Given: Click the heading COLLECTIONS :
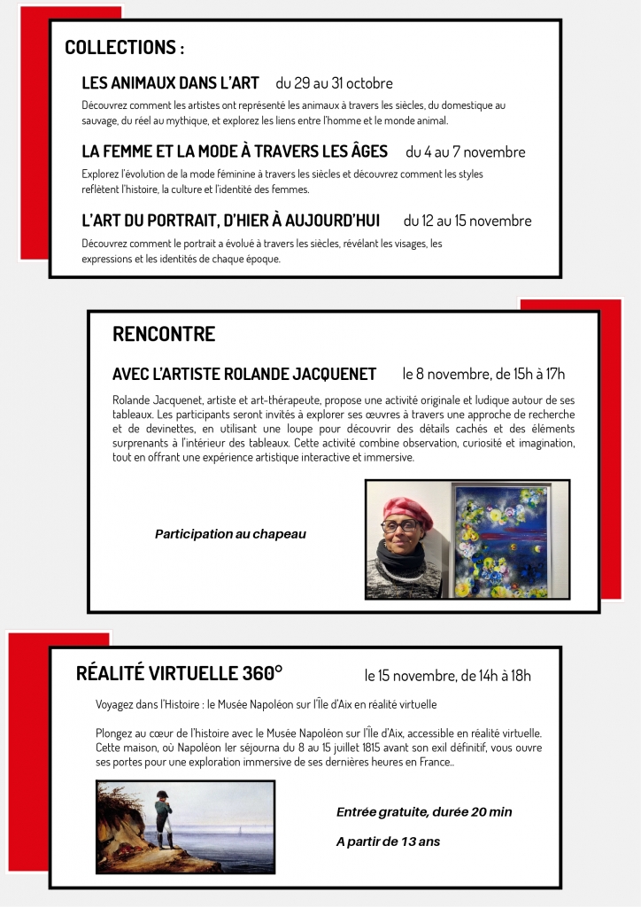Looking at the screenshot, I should pos(124,48).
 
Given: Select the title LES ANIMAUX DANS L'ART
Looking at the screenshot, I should pos(170,83).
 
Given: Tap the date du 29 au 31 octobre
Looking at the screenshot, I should pos(334,83).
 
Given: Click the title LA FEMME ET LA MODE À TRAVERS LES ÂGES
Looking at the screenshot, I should pos(235,151).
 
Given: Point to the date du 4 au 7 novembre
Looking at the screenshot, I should pos(465,152).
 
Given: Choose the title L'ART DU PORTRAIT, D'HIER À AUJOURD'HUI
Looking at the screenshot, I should pos(230,221).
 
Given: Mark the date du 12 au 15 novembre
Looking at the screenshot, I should pos(467,221).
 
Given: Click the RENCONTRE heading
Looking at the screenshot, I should pos(164,334).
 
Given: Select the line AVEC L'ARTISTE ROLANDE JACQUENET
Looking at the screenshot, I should pos(244,374).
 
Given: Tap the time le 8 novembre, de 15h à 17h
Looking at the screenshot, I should pos(483,374).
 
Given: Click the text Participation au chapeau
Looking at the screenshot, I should pos(230,534).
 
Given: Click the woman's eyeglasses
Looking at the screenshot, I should pos(403,526).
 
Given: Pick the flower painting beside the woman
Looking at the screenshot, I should pos(499,539).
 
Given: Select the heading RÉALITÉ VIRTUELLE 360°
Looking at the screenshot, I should pos(180,674).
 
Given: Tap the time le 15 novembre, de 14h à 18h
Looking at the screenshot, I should pos(447,676).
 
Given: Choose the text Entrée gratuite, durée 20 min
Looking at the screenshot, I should pos(424,811).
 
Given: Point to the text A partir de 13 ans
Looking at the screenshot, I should pos(388,841).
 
